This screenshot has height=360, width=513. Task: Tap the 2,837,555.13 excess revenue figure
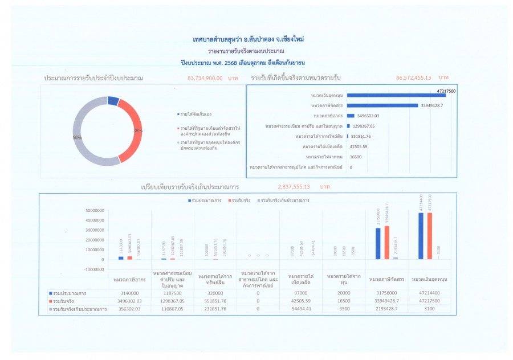(294, 186)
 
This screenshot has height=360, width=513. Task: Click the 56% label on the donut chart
(77, 138)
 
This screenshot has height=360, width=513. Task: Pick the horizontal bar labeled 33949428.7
(381, 105)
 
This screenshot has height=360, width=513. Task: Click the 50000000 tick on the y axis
(95, 211)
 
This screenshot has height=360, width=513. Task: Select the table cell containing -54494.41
(301, 309)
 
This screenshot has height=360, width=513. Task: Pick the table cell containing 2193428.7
(386, 309)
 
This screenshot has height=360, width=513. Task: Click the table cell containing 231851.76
(215, 309)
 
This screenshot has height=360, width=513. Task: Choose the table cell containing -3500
(344, 309)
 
